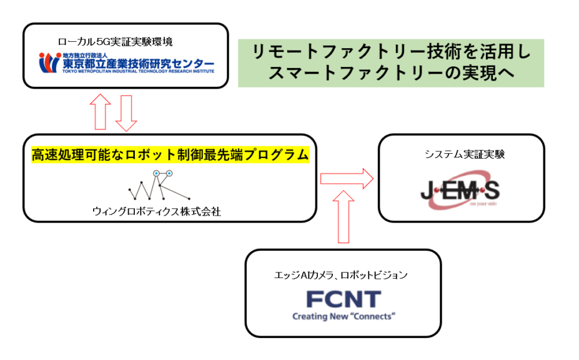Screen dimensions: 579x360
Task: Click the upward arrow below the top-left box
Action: pos(101,112)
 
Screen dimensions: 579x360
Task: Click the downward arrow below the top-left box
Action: pos(126,113)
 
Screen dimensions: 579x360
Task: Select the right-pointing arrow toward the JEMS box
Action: pos(347,179)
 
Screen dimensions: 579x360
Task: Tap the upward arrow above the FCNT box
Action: pos(344,217)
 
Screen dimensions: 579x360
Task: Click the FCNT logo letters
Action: pos(344,299)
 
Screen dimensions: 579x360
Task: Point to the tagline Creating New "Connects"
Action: pos(344,316)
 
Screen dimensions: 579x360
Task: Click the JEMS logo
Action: pos(460,190)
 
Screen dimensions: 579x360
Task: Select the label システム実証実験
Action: pos(465,154)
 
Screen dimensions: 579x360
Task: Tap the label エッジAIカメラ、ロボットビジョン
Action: pos(341,275)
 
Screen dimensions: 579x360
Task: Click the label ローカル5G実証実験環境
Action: pos(115,42)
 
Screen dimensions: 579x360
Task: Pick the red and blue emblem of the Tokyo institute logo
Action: pos(50,63)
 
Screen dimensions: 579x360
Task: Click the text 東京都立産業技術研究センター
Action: pos(139,64)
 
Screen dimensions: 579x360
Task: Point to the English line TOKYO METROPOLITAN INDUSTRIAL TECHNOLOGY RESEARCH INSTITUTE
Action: pos(138,71)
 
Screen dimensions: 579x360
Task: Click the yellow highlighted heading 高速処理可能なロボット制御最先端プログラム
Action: pos(171,154)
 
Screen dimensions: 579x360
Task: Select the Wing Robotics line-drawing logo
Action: pos(159,185)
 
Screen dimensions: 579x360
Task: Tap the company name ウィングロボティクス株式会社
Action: pos(157,211)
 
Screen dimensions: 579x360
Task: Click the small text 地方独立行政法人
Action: pos(85,56)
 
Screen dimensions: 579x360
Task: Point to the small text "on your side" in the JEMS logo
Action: pos(483,204)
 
